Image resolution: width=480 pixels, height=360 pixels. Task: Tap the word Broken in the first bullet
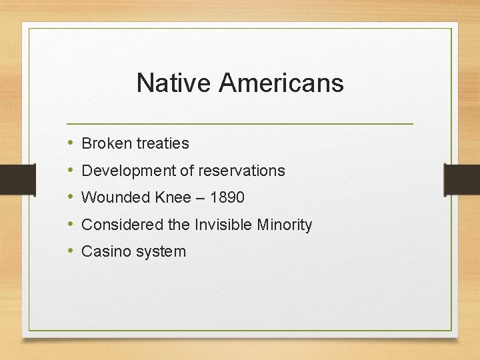tap(107, 143)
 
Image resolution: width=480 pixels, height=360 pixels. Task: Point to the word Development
tap(128, 171)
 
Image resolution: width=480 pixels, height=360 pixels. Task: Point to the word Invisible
tap(224, 225)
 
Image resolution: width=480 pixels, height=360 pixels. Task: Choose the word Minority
tap(285, 225)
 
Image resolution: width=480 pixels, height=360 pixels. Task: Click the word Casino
tap(104, 252)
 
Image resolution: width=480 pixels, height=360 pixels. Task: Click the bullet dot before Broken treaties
tap(71, 143)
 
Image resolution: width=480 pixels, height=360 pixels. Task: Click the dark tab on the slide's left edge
tap(17, 179)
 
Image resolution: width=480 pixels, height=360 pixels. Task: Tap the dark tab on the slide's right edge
tap(461, 179)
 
